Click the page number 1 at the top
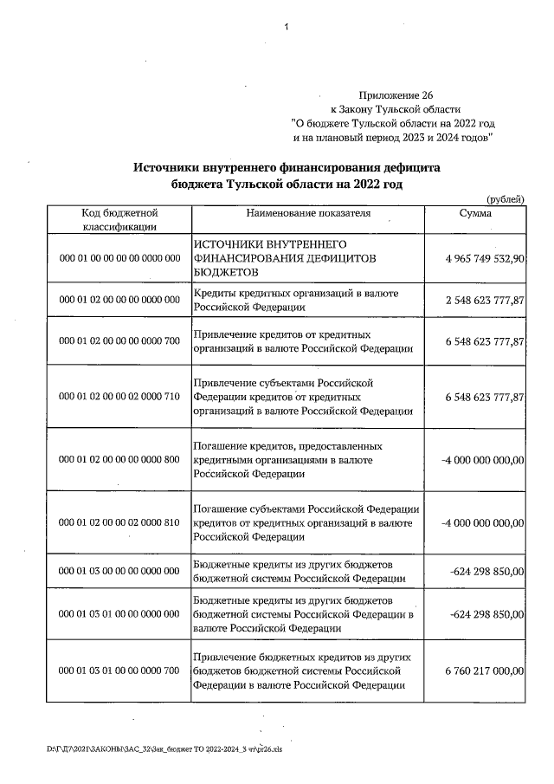pyautogui.click(x=285, y=29)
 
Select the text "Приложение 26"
pyautogui.click(x=394, y=94)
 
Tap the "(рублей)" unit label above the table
pyautogui.click(x=506, y=199)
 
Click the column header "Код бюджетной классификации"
pyautogui.click(x=119, y=219)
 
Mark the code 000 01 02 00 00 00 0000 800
pyautogui.click(x=119, y=459)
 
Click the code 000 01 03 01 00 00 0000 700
pyautogui.click(x=119, y=671)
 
